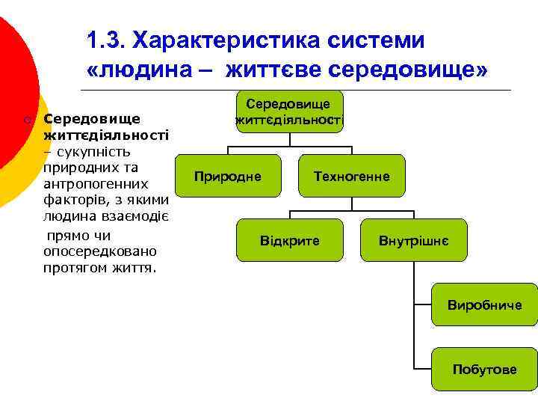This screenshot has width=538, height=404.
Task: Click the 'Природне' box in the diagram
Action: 227,177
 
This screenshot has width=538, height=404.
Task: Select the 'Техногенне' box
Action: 351,177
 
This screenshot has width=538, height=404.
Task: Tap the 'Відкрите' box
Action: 289,241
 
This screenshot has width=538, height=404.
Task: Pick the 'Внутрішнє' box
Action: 413,241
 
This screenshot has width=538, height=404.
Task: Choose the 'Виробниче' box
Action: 484,305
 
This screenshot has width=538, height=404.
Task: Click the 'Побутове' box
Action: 484,370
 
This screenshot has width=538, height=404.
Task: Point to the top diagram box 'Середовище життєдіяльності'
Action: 289,111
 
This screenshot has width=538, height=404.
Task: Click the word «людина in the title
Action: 139,70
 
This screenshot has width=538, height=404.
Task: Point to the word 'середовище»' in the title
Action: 408,70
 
